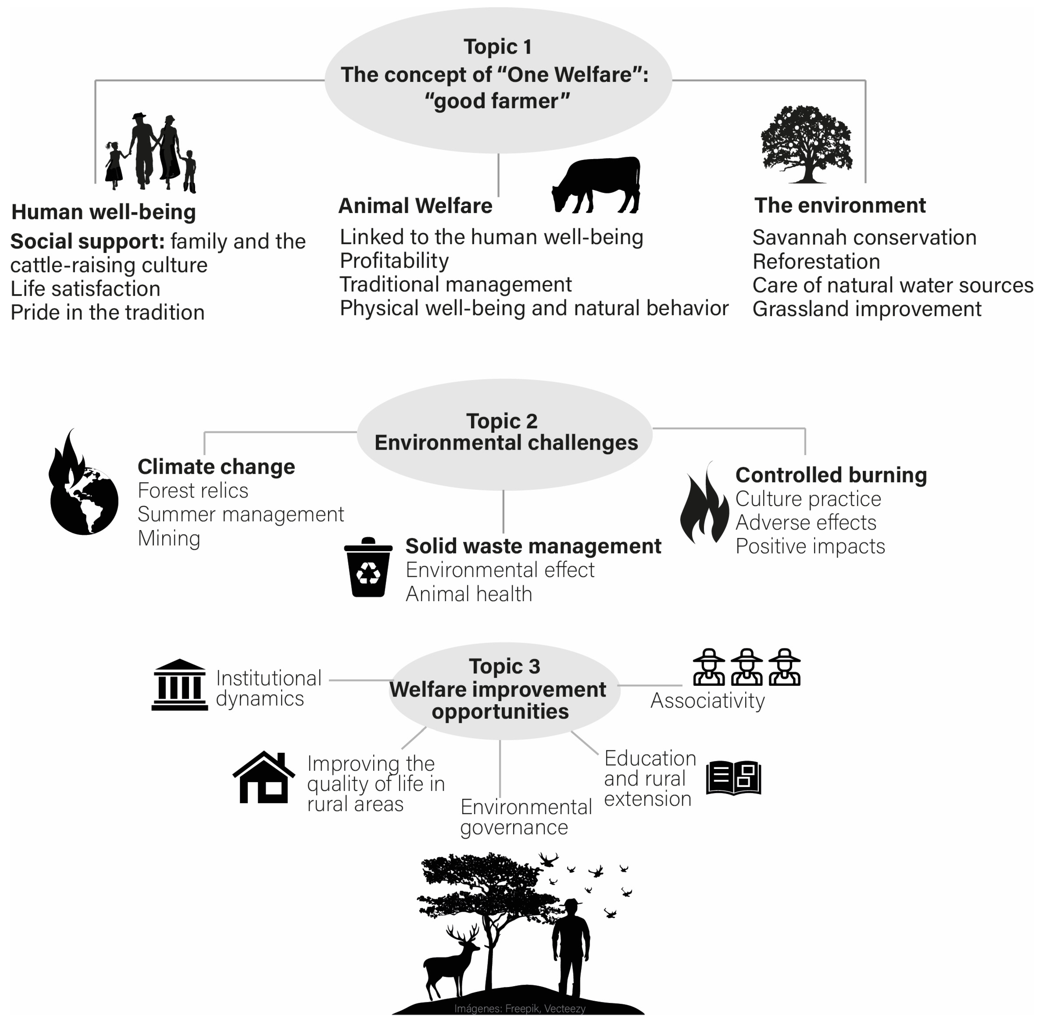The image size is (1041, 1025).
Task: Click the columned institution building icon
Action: [179, 685]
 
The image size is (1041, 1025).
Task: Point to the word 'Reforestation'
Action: [816, 262]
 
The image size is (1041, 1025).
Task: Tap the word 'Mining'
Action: [169, 538]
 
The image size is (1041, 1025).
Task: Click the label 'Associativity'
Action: [707, 700]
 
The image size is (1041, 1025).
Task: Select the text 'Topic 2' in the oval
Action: [501, 421]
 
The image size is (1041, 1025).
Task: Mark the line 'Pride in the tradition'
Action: [108, 312]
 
